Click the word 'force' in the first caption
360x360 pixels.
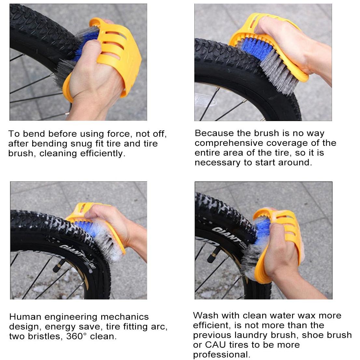119,134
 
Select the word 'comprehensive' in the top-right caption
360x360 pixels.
229,143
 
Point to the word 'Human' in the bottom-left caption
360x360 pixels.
25,317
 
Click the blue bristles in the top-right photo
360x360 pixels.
257,49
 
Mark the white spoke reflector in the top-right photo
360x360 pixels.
205,100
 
